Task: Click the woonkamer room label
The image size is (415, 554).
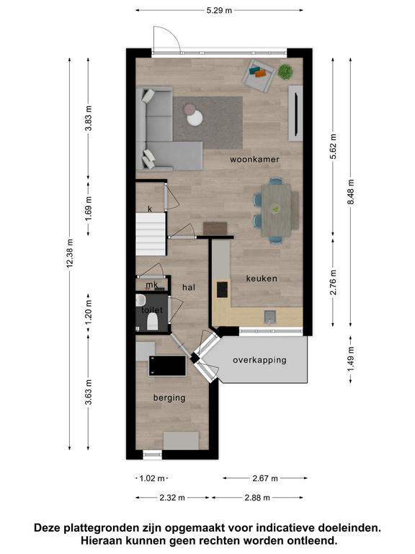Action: (254, 159)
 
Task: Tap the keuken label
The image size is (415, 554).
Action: (262, 278)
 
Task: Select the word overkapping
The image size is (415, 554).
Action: (259, 361)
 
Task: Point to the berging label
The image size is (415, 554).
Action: (169, 398)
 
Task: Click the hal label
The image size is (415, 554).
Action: (189, 288)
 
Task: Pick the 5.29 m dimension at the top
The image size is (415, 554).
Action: (219, 10)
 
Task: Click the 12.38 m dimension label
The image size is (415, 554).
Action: (70, 253)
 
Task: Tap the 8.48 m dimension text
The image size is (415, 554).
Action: (351, 192)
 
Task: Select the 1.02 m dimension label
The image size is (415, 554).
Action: (152, 478)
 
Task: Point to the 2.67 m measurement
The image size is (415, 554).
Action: (265, 478)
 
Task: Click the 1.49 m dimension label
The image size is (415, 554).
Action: (351, 359)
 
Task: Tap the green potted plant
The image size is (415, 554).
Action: (285, 71)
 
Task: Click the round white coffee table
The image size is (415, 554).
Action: (195, 118)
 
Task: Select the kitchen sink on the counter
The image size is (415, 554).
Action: (270, 317)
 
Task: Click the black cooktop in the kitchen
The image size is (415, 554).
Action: (222, 289)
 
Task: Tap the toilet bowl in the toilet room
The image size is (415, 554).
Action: (153, 322)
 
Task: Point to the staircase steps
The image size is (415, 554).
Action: (151, 234)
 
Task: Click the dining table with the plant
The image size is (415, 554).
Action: (276, 211)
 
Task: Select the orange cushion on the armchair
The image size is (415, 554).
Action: (260, 74)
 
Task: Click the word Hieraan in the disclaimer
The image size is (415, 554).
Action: (102, 540)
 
